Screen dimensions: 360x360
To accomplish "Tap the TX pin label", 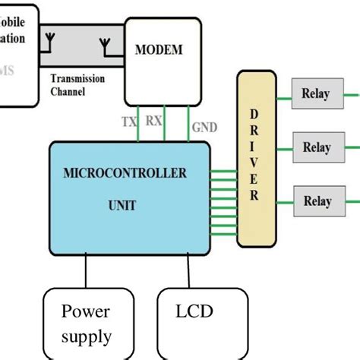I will click(130, 122).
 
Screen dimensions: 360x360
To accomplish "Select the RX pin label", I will click(153, 120).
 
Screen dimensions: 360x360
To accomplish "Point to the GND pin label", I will click(204, 127).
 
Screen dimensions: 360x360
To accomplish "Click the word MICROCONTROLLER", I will click(124, 174).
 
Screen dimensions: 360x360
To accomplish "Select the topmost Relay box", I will click(316, 94).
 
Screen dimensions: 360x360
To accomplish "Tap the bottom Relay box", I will click(317, 201).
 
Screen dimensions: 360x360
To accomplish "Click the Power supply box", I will click(87, 323).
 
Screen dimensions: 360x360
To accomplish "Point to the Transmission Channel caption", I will click(78, 84).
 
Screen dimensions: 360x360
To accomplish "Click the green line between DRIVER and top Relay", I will click(282, 99).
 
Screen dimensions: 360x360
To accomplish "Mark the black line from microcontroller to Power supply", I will click(86, 271).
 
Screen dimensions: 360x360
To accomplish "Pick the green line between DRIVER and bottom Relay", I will click(282, 201).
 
